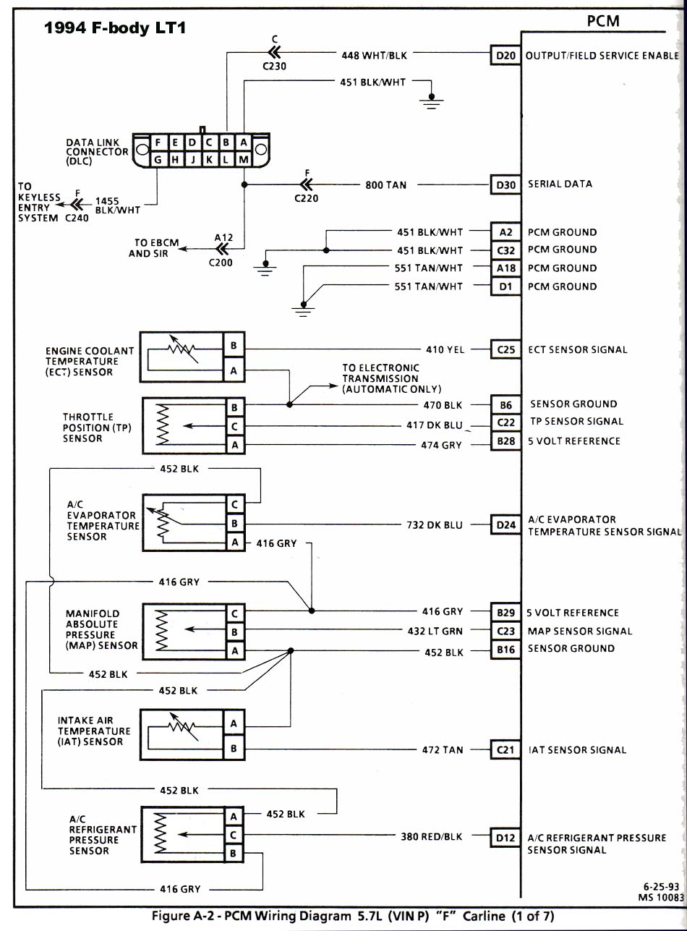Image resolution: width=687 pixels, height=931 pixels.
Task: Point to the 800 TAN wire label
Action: pyautogui.click(x=385, y=185)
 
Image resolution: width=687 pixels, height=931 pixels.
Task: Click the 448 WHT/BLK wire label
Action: pyautogui.click(x=374, y=55)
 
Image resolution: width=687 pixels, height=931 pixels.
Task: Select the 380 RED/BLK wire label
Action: pyautogui.click(x=431, y=837)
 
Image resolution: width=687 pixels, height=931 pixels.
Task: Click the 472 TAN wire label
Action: pyautogui.click(x=442, y=750)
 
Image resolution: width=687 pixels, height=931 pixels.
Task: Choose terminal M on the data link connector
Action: pyautogui.click(x=244, y=159)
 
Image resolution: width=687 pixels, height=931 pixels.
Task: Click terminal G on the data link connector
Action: pyautogui.click(x=157, y=159)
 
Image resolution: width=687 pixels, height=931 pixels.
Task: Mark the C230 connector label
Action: pyautogui.click(x=274, y=66)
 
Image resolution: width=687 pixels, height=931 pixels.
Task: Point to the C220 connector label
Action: pyautogui.click(x=306, y=198)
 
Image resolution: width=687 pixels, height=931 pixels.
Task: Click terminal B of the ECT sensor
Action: pyautogui.click(x=233, y=346)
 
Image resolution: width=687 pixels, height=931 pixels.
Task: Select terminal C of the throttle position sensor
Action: pyautogui.click(x=234, y=427)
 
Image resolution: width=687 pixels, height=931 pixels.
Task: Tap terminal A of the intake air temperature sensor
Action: pyautogui.click(x=234, y=723)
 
